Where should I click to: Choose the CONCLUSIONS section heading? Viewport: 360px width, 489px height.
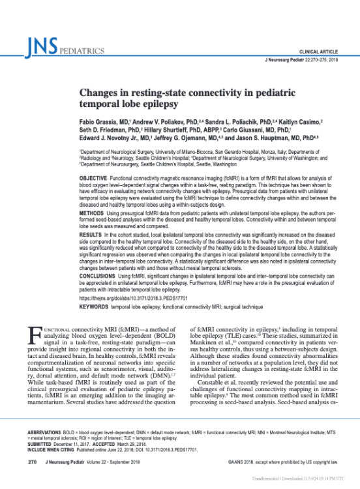pos(98,295)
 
